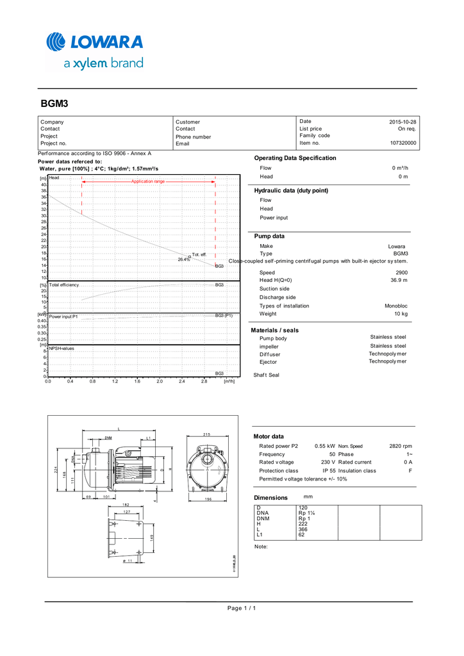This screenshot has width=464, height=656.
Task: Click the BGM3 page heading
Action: pyautogui.click(x=54, y=103)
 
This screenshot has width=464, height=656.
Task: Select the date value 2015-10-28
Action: pyautogui.click(x=402, y=122)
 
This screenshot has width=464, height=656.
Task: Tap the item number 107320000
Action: pyautogui.click(x=402, y=143)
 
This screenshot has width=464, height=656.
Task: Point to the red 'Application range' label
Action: pyautogui.click(x=148, y=182)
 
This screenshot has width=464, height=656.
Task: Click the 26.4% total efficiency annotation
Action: pyautogui.click(x=184, y=259)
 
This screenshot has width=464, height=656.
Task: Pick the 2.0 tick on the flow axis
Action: pyautogui.click(x=160, y=381)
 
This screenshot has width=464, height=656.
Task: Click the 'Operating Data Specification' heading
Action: pyautogui.click(x=295, y=158)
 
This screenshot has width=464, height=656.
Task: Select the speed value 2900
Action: pyautogui.click(x=401, y=273)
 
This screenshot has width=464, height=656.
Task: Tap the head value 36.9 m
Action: pyautogui.click(x=399, y=281)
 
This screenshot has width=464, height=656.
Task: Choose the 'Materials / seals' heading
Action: pyautogui.click(x=274, y=331)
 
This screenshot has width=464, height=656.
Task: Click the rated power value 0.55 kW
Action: pyautogui.click(x=325, y=446)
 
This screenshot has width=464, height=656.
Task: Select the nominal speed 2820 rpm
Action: pyautogui.click(x=401, y=446)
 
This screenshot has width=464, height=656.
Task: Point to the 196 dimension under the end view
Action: pyautogui.click(x=208, y=499)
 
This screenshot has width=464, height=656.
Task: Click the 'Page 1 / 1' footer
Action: pyautogui.click(x=242, y=607)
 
